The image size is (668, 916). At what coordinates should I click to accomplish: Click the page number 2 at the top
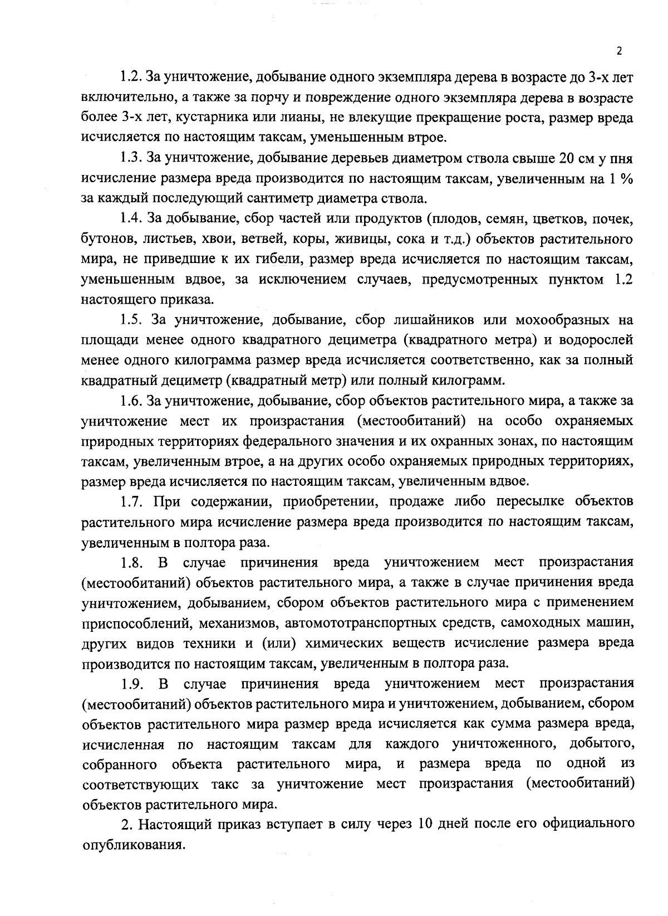(619, 51)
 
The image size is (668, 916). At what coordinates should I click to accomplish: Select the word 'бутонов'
(106, 240)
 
